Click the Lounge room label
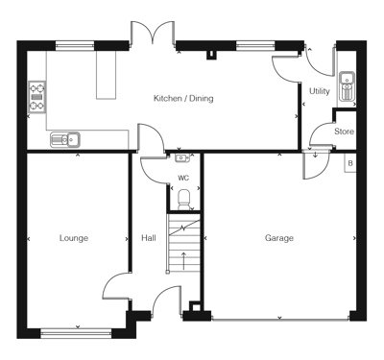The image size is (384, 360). coord(74,238)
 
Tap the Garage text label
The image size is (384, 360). coord(279,238)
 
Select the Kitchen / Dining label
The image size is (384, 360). coord(183,98)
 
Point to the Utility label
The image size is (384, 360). coord(320,91)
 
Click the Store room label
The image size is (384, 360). coord(344,132)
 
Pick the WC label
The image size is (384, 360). coord(183,178)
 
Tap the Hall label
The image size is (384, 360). coord(149,238)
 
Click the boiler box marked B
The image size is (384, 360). coord(350,163)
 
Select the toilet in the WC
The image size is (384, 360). coord(183,200)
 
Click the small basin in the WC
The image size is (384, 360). coord(183,157)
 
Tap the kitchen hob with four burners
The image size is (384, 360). coord(37,97)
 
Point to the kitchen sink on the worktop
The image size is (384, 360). coord(65,139)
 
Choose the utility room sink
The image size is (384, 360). coord(347,85)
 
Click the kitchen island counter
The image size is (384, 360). coord(106,75)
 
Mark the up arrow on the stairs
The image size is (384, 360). coord(183,261)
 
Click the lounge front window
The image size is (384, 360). coord(76,333)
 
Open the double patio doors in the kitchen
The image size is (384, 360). coord(153,33)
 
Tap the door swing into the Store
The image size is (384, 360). coord(322,134)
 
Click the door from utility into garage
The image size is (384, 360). coord(316,166)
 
